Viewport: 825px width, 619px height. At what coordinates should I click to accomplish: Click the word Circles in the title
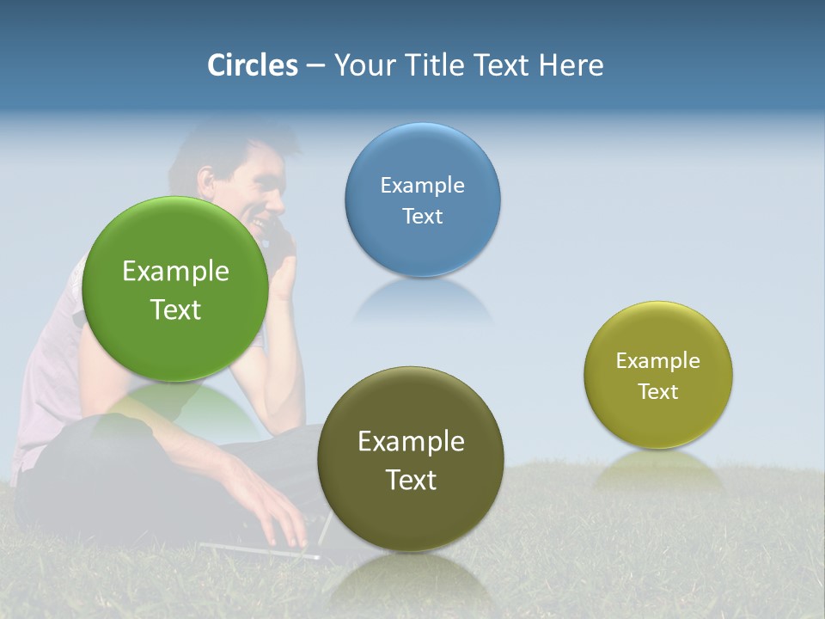(253, 65)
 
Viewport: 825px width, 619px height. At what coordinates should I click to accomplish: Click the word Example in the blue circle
(422, 186)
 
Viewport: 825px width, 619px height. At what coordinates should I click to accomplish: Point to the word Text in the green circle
(175, 310)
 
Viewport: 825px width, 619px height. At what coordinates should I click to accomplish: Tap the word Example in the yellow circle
(657, 361)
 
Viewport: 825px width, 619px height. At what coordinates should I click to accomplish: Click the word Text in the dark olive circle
(411, 480)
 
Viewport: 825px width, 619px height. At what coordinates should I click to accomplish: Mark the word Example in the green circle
(175, 272)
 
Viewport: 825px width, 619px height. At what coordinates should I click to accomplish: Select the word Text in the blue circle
(422, 217)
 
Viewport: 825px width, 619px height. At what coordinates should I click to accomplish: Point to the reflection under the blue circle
(422, 301)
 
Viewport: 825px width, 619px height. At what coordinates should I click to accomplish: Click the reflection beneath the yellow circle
(658, 469)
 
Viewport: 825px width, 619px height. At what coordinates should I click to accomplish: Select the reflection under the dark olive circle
(411, 580)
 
